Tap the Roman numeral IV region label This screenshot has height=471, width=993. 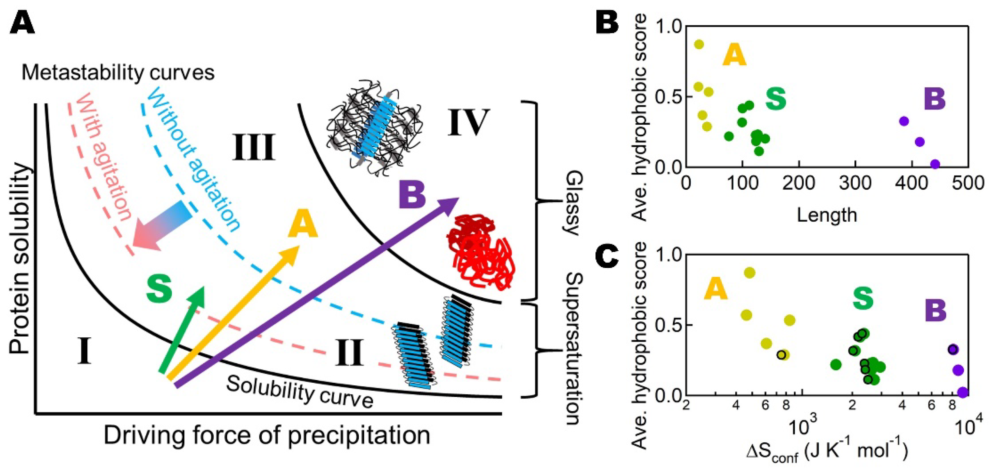click(468, 123)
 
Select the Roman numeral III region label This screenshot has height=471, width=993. click(254, 148)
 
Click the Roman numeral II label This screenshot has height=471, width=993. click(349, 353)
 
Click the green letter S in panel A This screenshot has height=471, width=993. click(159, 289)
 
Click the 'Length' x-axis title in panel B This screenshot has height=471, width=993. click(827, 215)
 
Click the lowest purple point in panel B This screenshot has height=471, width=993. click(935, 165)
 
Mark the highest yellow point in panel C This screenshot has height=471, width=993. click(749, 273)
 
